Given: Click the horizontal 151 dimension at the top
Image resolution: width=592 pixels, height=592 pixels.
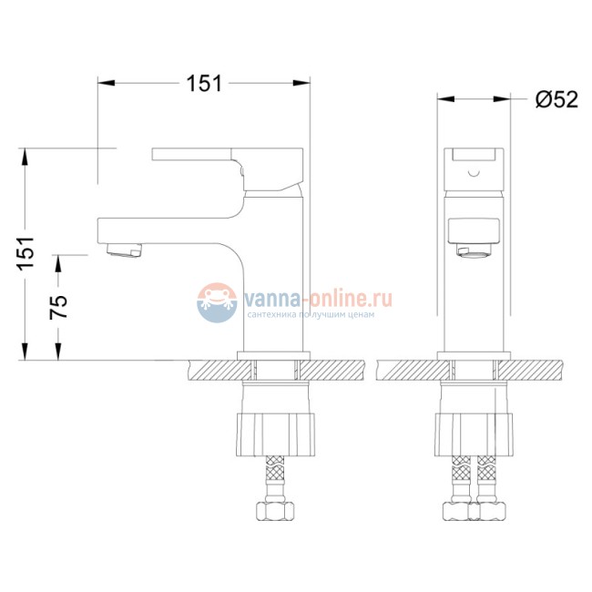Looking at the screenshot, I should click(x=205, y=84).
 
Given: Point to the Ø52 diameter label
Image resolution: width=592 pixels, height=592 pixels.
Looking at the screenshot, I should click(x=556, y=100).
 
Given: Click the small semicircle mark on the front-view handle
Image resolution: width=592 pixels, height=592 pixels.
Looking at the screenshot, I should click(x=473, y=170).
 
